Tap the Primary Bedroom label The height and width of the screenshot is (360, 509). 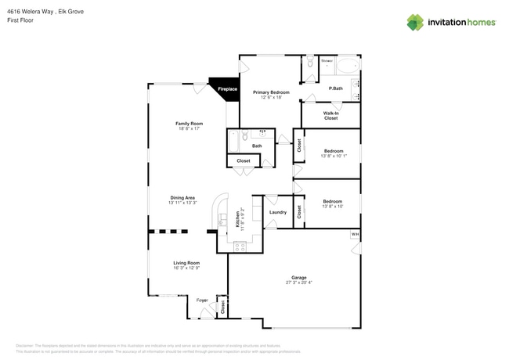point(271,92)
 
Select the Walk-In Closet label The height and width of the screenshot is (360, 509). point(330,115)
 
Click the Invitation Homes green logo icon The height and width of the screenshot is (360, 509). point(415,22)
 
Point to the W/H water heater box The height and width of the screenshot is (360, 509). point(355,234)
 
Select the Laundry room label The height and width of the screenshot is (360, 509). point(278,212)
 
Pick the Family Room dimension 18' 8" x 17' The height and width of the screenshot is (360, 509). point(189,128)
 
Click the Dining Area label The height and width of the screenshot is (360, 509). point(182,197)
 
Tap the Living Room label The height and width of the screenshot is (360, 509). point(186,263)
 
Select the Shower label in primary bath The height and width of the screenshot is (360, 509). point(327,61)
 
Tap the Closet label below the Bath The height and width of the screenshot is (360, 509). point(243,160)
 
